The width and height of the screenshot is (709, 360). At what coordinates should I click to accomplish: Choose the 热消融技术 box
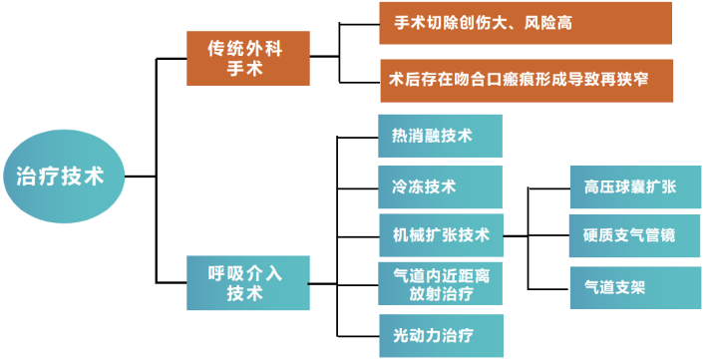440,137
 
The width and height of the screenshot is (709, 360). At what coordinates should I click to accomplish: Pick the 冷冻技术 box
440,186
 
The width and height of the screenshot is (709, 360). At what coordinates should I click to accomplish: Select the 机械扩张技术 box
440,235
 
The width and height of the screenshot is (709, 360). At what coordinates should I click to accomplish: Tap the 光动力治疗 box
440,335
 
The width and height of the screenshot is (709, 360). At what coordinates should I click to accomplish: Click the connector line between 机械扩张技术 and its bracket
515,236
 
